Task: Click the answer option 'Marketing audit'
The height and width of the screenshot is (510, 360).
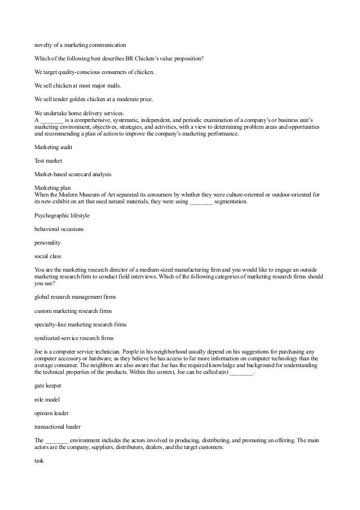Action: pos(53,147)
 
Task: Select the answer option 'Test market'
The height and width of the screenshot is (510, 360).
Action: pos(48,160)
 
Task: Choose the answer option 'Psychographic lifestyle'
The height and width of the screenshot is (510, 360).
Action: pos(62,215)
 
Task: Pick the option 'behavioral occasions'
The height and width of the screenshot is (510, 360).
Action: pos(59,229)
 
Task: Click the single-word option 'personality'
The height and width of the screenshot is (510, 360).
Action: pos(47,242)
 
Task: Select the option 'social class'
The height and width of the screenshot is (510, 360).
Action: pos(47,256)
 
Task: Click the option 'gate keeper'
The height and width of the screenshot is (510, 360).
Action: pos(48,385)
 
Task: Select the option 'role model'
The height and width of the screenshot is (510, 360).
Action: pos(46,399)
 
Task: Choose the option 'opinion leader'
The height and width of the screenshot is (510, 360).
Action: pos(51,413)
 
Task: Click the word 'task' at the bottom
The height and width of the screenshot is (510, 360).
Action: pos(39,460)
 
